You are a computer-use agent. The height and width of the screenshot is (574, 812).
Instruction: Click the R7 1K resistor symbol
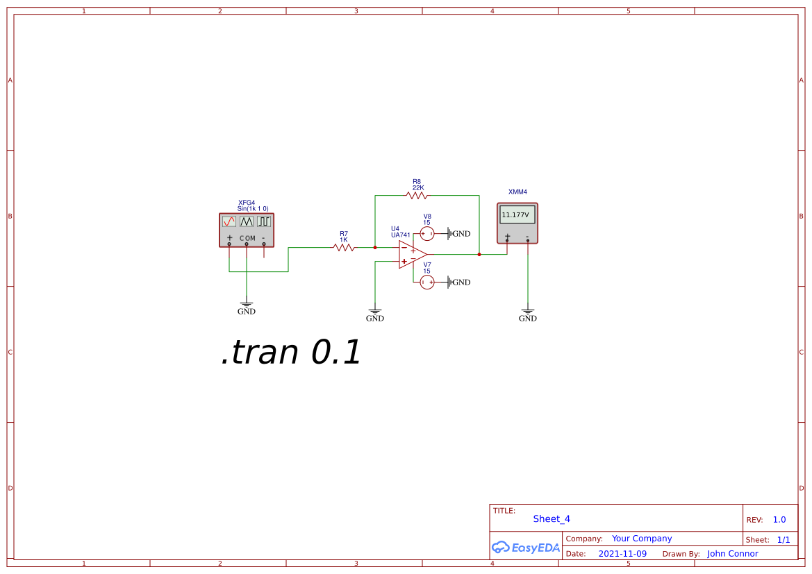(344, 246)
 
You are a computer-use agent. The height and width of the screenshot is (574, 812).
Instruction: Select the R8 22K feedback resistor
(417, 196)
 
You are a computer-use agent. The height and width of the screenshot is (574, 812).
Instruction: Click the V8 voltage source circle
(427, 233)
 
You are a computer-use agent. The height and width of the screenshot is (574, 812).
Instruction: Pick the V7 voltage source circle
(427, 282)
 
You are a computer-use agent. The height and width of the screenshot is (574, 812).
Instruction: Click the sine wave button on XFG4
(229, 221)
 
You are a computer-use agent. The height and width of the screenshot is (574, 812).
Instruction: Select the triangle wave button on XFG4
(247, 221)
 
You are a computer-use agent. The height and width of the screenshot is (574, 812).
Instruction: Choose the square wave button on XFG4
(264, 221)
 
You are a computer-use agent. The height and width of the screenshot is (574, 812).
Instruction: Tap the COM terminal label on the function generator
(247, 238)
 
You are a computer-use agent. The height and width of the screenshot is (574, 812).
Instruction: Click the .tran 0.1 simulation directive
(291, 353)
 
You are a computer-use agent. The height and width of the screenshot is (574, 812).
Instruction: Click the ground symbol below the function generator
(247, 306)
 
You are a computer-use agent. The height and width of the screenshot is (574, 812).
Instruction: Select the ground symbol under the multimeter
(528, 313)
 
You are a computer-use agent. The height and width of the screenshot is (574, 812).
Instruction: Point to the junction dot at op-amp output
(479, 254)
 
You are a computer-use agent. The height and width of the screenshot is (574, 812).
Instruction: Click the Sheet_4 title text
(552, 518)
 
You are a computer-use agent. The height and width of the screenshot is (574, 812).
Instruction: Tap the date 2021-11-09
(622, 554)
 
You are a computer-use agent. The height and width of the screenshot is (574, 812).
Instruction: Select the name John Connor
(733, 554)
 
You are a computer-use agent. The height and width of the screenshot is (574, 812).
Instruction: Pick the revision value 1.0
(779, 520)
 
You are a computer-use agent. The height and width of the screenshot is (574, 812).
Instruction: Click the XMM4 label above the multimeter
(517, 192)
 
